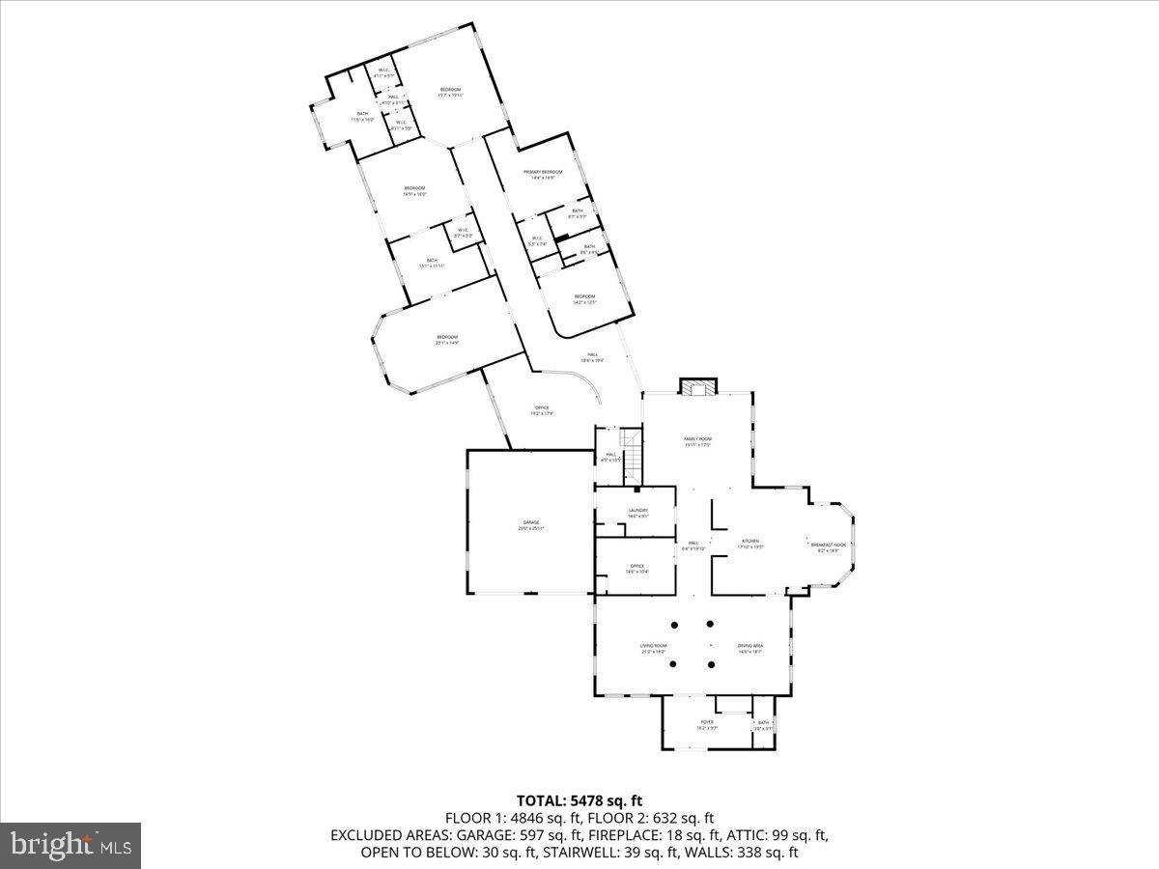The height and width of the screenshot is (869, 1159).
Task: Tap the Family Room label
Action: point(698,438)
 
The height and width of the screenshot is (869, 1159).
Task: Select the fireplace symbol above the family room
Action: point(698,387)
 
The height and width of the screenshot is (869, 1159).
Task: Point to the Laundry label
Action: point(637,511)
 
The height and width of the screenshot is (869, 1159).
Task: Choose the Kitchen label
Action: point(750,541)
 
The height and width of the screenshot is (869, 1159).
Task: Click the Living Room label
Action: point(654,645)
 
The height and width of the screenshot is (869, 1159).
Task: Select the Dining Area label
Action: point(750,645)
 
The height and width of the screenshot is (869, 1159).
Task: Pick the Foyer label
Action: point(707,721)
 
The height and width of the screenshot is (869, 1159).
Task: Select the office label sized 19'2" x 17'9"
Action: point(542,413)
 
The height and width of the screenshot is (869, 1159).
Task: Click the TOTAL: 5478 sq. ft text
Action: point(579,800)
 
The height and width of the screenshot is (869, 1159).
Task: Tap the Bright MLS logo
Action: point(71,845)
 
